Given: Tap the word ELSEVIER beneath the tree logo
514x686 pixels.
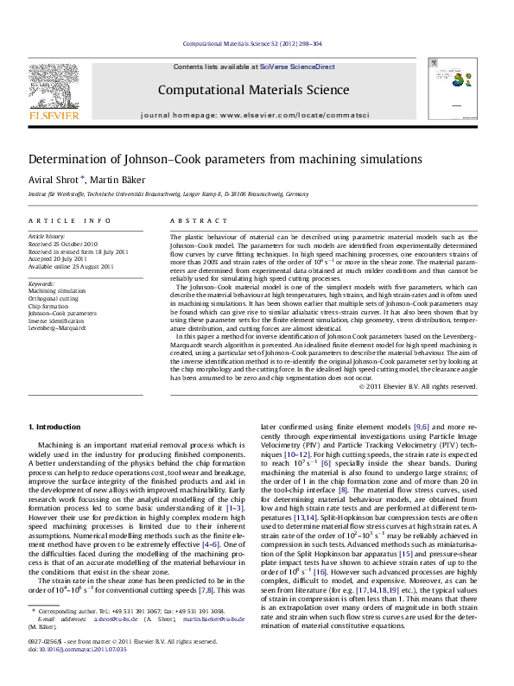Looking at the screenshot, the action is pos(54,112).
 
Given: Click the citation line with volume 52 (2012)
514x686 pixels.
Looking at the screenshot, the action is pos(257,43).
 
